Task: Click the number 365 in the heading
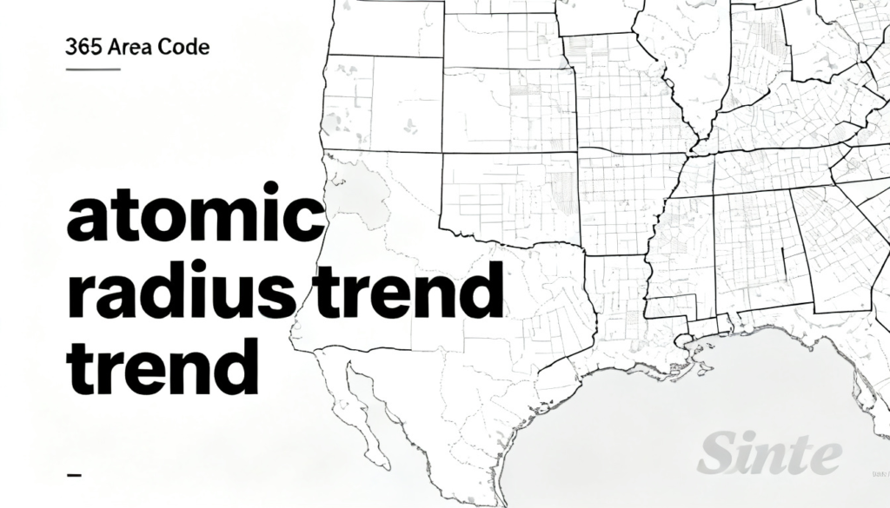(x=81, y=47)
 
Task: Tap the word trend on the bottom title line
(x=163, y=366)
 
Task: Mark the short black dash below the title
(x=74, y=476)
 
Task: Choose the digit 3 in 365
(x=70, y=47)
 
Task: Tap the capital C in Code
(x=163, y=47)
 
